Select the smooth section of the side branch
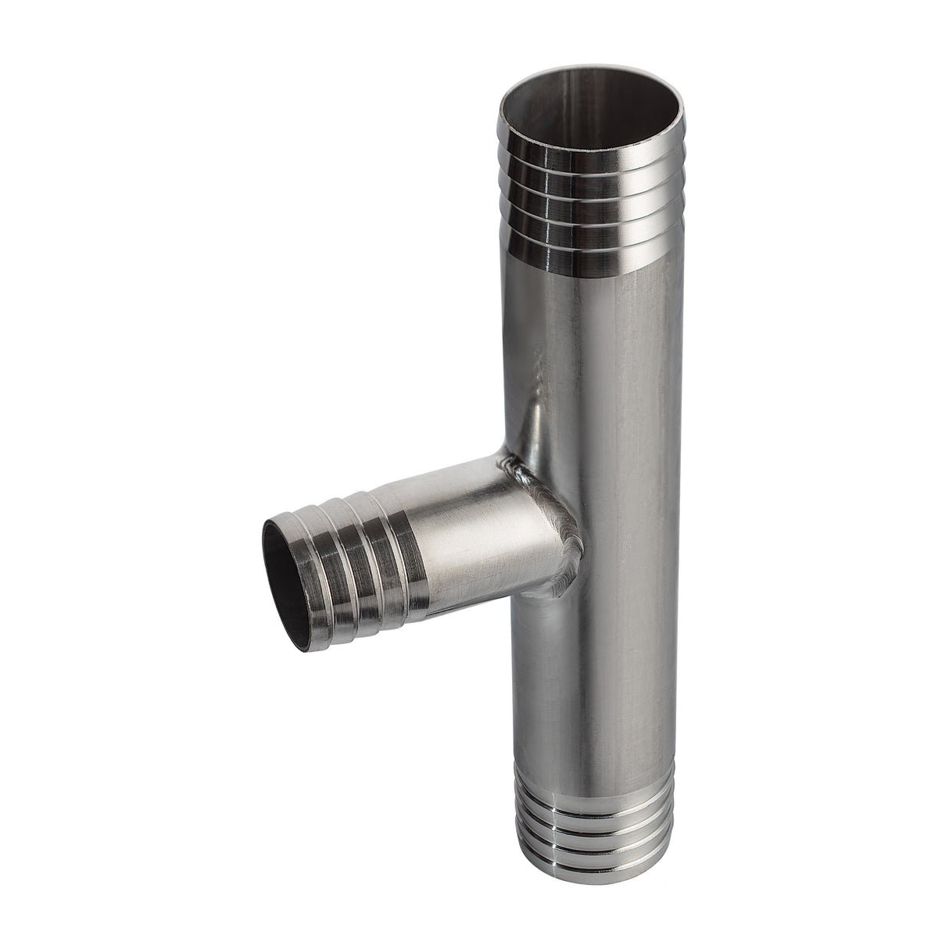coord(477,532)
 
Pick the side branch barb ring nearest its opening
coord(313,567)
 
